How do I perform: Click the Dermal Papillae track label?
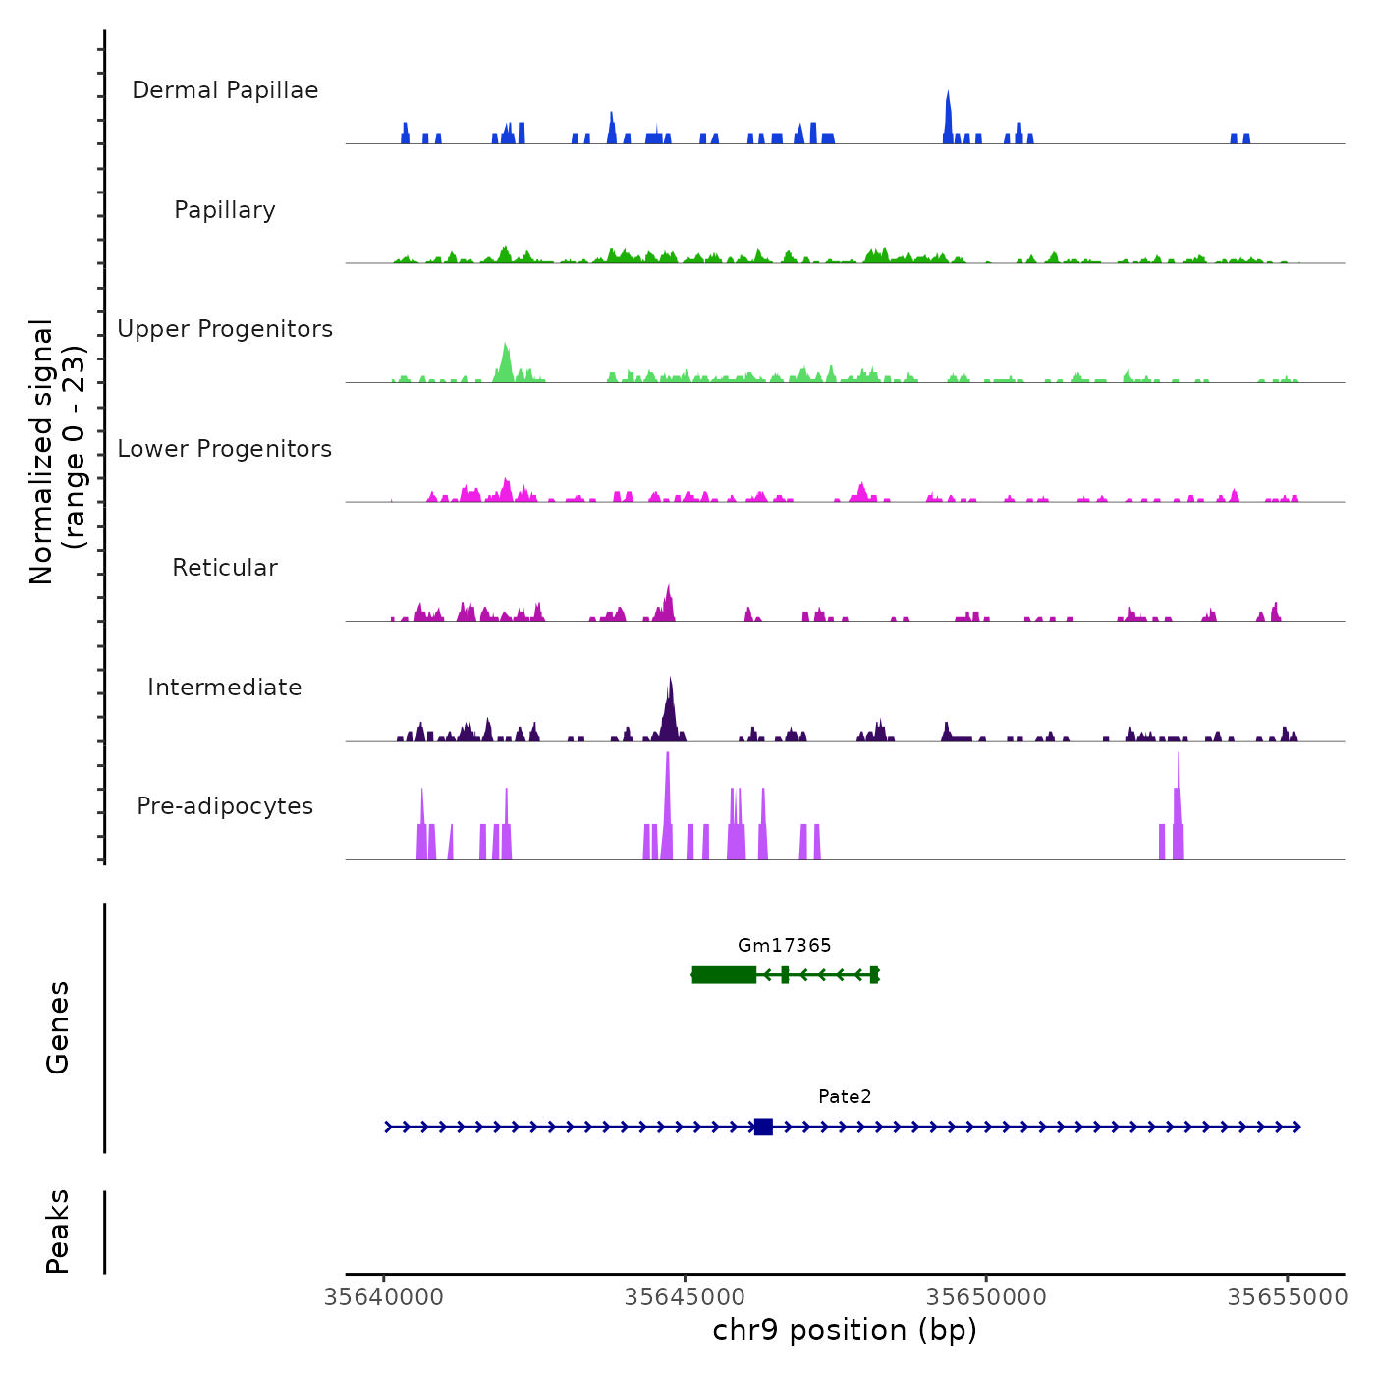(225, 90)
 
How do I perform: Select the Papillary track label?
(225, 210)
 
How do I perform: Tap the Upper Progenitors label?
(225, 329)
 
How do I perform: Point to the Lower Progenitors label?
(225, 449)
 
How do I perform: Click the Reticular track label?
(225, 568)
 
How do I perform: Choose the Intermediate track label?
(225, 687)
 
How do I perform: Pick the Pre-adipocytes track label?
(225, 806)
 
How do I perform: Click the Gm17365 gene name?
(784, 945)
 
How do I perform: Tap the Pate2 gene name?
(845, 1096)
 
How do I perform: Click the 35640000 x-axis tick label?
(384, 1297)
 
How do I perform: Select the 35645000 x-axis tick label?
(686, 1297)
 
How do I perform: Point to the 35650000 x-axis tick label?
(986, 1297)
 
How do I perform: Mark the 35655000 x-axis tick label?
(1288, 1297)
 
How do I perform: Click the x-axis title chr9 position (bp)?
(845, 1330)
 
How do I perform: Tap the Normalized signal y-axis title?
(57, 451)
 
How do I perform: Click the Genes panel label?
(58, 1027)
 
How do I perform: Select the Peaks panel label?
(58, 1232)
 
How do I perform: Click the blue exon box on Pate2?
(763, 1127)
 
